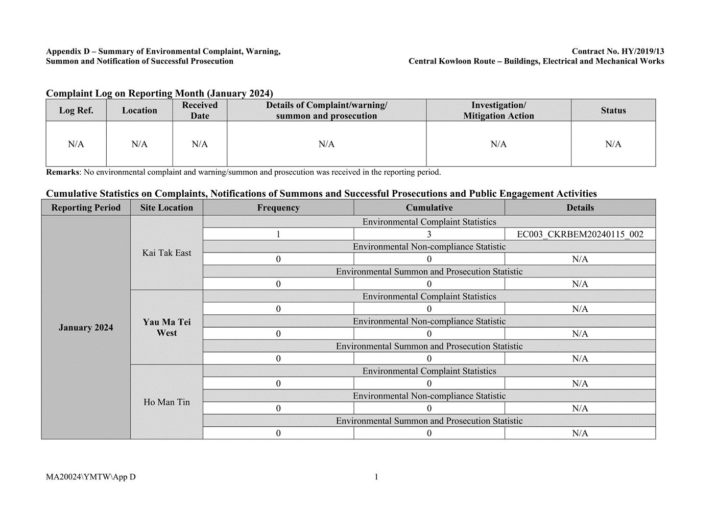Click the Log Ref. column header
(x=76, y=110)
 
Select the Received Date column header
(x=200, y=110)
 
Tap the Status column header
(x=613, y=110)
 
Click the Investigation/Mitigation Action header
(x=498, y=110)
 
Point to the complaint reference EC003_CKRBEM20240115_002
(x=580, y=235)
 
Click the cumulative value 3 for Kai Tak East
(x=429, y=235)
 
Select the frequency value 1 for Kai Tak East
(x=278, y=235)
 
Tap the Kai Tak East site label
(x=166, y=253)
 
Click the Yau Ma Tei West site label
(x=166, y=328)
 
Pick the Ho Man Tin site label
(x=166, y=402)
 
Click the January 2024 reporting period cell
(x=86, y=328)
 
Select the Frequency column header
(x=278, y=208)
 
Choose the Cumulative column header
(x=429, y=208)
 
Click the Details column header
(x=580, y=208)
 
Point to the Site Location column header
(x=166, y=208)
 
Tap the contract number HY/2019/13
(x=642, y=51)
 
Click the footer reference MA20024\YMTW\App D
(x=91, y=477)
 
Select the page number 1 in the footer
(x=376, y=477)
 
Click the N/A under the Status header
(x=613, y=144)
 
